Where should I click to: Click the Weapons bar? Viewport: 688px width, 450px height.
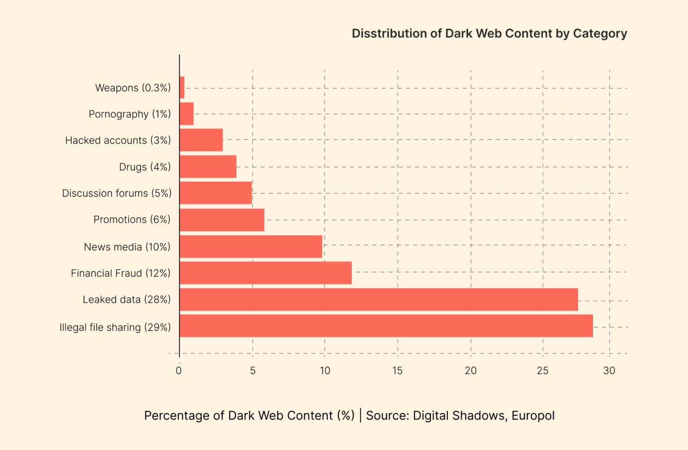[x=182, y=87]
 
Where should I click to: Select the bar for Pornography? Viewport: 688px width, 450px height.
[x=186, y=114]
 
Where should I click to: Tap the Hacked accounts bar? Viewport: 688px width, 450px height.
[x=201, y=140]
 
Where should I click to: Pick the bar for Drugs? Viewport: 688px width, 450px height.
[x=208, y=167]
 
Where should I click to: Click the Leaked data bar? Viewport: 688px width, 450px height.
[x=378, y=300]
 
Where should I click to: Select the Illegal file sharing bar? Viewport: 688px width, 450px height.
[x=386, y=326]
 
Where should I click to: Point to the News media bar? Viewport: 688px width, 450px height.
[x=251, y=247]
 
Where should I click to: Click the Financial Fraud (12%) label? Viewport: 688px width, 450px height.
[x=120, y=273]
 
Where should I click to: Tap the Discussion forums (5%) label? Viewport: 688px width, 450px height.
[x=116, y=193]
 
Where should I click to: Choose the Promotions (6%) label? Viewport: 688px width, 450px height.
[x=132, y=219]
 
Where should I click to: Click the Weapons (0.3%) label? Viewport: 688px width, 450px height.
[x=133, y=88]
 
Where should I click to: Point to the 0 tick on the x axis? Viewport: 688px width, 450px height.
[x=179, y=371]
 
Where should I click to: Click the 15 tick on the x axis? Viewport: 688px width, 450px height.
[x=397, y=371]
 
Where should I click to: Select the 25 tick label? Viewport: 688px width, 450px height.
[x=542, y=371]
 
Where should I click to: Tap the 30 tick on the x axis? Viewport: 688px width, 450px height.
[x=609, y=371]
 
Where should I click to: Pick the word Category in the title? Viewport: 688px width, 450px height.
[x=600, y=34]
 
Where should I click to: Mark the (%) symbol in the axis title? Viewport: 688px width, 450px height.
[x=346, y=416]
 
